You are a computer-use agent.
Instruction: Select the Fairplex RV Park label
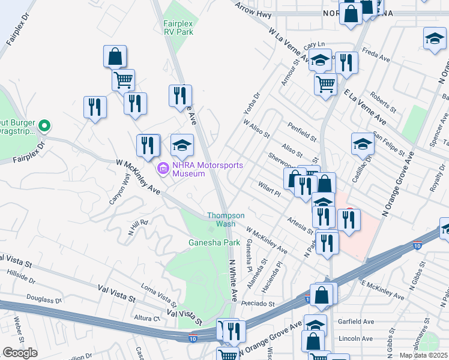click(x=178, y=28)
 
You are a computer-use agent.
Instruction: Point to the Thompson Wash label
click(x=225, y=219)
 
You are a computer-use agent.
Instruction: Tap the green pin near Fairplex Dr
click(x=43, y=126)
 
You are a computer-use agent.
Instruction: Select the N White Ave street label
click(x=233, y=281)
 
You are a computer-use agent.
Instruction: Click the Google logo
click(x=20, y=353)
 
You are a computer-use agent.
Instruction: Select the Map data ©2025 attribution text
click(x=424, y=355)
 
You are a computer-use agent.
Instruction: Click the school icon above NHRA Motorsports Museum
click(x=182, y=145)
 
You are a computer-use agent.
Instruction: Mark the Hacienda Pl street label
click(x=279, y=274)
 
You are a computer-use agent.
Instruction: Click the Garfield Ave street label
click(x=358, y=322)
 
